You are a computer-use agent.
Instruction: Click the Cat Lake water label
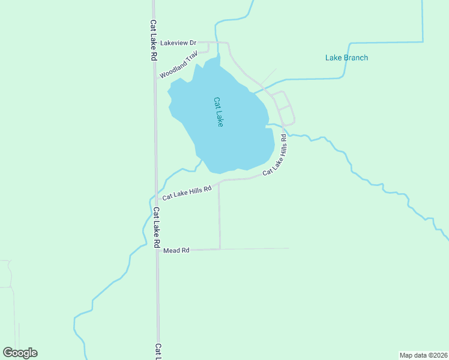pyautogui.click(x=218, y=112)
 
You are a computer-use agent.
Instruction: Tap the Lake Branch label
pyautogui.click(x=346, y=58)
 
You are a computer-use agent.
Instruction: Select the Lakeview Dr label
pyautogui.click(x=178, y=43)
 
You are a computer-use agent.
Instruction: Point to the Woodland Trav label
pyautogui.click(x=179, y=64)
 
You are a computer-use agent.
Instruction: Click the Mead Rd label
pyautogui.click(x=176, y=250)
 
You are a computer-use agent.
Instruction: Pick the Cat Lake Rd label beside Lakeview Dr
pyautogui.click(x=154, y=40)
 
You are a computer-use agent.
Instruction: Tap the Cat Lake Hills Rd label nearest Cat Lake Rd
pyautogui.click(x=187, y=193)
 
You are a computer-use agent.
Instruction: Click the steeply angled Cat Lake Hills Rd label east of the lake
pyautogui.click(x=275, y=155)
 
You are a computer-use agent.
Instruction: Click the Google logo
pyautogui.click(x=20, y=353)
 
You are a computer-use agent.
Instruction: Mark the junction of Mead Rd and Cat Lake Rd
pyautogui.click(x=157, y=250)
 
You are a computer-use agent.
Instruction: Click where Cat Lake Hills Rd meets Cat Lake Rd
pyautogui.click(x=156, y=199)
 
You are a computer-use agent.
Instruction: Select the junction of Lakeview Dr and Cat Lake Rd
pyautogui.click(x=154, y=43)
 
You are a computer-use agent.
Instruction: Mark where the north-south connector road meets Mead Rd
pyautogui.click(x=220, y=249)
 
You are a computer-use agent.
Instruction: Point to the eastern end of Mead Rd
pyautogui.click(x=289, y=248)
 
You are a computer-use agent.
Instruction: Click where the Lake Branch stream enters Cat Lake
pyautogui.click(x=255, y=92)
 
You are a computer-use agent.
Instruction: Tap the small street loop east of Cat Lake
pyautogui.click(x=283, y=108)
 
